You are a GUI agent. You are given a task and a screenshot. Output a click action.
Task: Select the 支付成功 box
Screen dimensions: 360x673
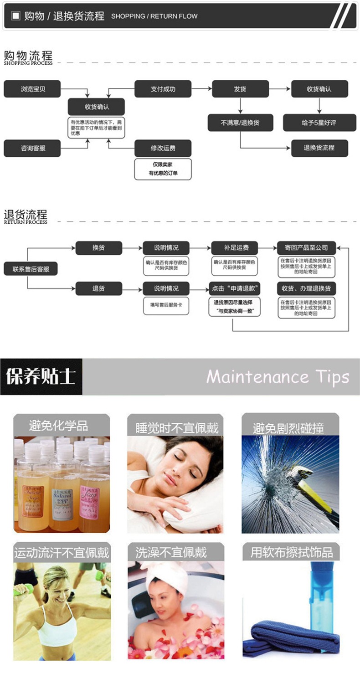[163, 89]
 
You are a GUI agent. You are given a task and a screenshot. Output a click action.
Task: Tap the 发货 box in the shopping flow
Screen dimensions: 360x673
[240, 89]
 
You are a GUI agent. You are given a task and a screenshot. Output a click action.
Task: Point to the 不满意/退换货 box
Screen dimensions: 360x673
[240, 123]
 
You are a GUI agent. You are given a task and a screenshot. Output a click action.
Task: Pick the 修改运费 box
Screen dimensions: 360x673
[163, 148]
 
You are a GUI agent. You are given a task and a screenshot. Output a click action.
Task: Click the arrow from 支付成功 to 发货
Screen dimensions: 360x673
[201, 89]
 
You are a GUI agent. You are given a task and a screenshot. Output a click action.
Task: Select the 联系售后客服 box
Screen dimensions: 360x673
[31, 269]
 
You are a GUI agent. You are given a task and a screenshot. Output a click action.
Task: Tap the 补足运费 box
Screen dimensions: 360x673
[235, 248]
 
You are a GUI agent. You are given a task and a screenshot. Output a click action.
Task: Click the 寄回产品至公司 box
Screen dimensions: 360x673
[306, 248]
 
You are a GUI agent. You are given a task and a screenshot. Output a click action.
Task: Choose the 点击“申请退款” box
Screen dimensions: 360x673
[235, 288]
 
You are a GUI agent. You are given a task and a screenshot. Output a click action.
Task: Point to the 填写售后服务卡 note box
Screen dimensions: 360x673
[166, 305]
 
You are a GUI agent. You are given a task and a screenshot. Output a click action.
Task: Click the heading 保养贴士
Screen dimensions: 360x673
[41, 376]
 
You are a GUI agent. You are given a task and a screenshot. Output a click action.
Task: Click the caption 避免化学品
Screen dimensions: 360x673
[58, 426]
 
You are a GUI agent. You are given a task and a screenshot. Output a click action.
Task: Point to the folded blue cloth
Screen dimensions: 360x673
[292, 638]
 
